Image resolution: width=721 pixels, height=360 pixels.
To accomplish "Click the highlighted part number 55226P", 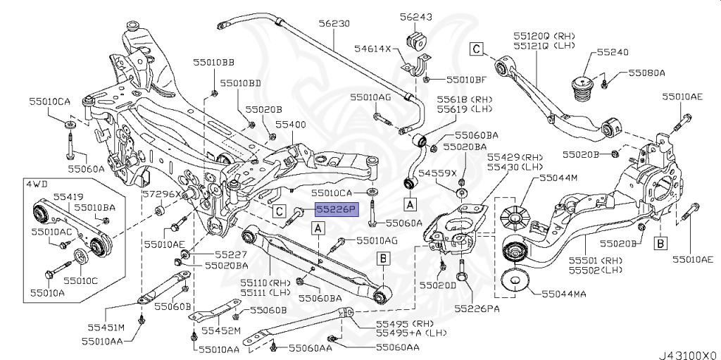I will point(337,209).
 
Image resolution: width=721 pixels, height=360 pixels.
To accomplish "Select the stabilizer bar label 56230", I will point(334,23).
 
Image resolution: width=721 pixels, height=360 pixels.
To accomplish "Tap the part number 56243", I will point(417,15).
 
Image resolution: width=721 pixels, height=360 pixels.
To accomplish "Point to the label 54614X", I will point(373,49).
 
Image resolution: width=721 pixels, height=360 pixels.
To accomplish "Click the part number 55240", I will point(613,52).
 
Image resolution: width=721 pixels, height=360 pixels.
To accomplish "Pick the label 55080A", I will point(647,72).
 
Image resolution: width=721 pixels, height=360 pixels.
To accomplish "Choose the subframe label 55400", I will point(290,124).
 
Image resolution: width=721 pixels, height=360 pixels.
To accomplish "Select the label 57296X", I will point(161,193).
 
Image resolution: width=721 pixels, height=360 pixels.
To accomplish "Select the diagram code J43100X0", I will point(688,354).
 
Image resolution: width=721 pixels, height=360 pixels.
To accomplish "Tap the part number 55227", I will point(231,254).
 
